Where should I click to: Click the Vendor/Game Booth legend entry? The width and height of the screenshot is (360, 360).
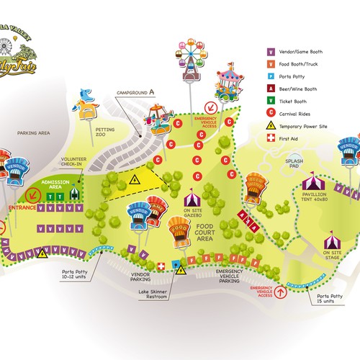click(292, 52)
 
